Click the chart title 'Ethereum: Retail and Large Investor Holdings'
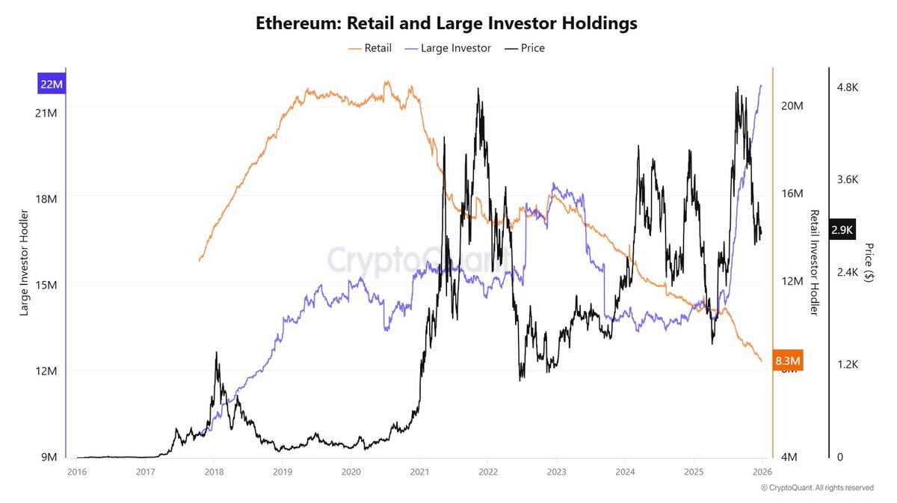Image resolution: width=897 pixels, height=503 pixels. point(447,23)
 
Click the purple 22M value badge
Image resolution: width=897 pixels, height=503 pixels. point(52,84)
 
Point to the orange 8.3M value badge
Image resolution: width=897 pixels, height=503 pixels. point(789,362)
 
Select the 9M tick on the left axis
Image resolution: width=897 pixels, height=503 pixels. point(47,457)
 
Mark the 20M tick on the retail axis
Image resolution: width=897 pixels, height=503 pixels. point(792,106)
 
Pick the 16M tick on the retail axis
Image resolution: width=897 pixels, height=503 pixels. point(792,194)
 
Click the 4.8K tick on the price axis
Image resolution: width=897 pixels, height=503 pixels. point(848,87)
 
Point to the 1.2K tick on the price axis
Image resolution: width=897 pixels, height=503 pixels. point(848,365)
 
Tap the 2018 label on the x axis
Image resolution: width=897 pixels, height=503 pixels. point(213,472)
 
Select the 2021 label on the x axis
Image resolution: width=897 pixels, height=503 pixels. point(419,472)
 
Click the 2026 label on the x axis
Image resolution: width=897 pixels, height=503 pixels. point(762,472)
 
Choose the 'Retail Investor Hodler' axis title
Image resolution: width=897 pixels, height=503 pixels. point(815,262)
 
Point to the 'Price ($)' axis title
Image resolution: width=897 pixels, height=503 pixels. point(869,262)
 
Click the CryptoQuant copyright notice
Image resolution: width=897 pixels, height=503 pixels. point(817,488)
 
